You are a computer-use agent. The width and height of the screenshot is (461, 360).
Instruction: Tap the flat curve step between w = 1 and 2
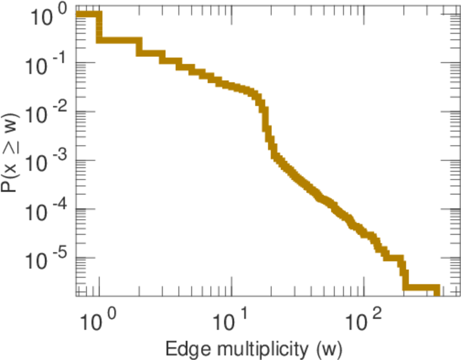[119, 40]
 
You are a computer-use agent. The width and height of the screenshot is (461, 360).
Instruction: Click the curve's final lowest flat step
[421, 289]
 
